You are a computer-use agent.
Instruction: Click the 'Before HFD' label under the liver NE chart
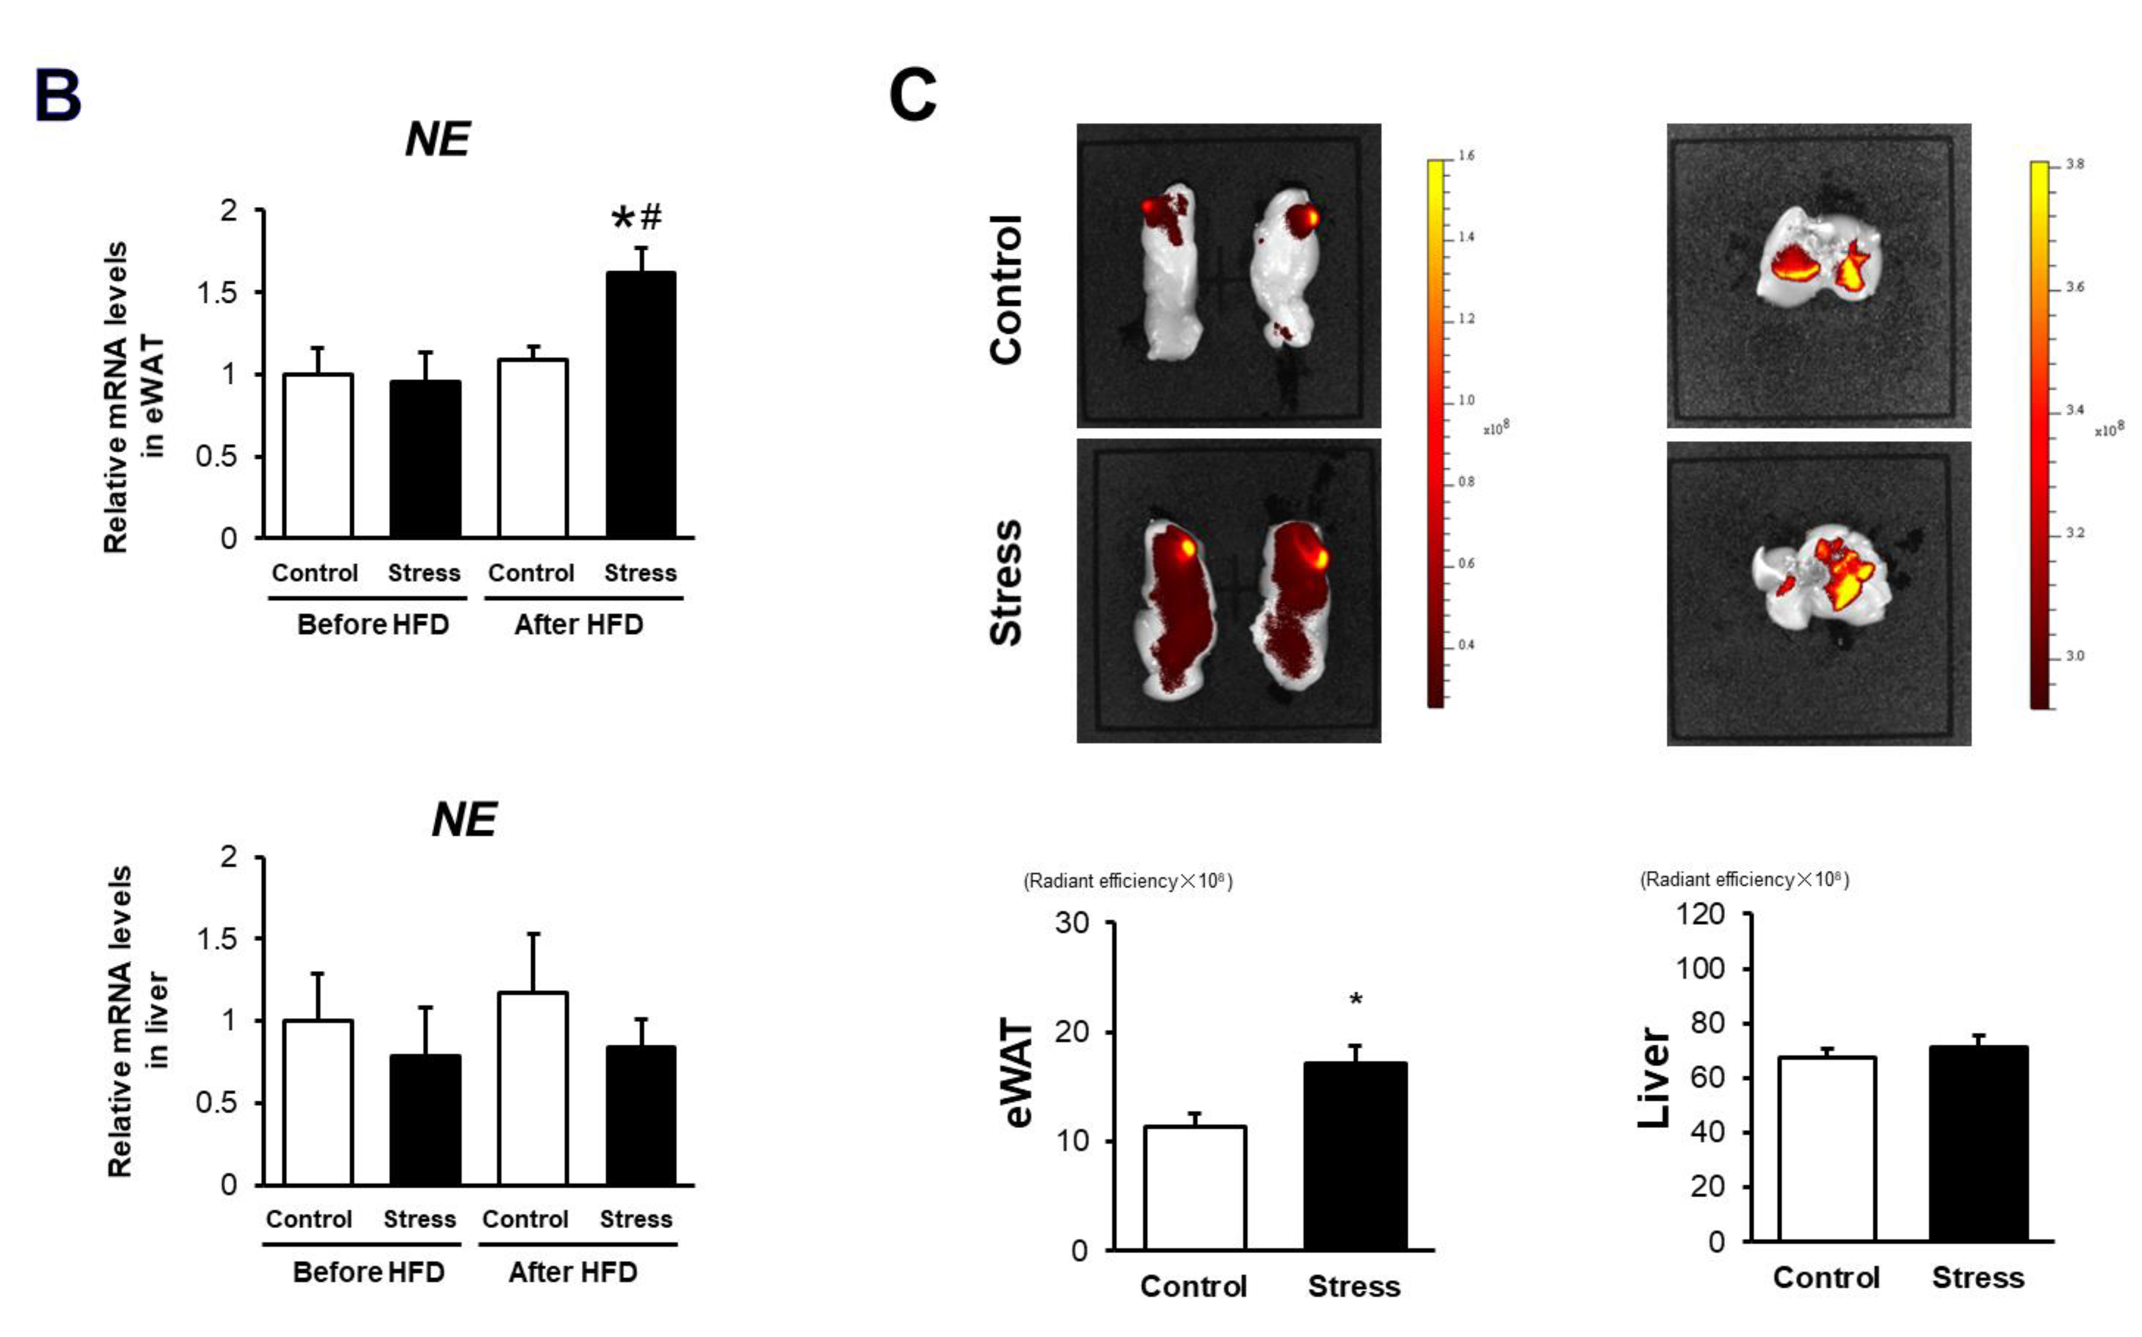(x=368, y=1272)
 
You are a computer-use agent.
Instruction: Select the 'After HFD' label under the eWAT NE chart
(x=578, y=625)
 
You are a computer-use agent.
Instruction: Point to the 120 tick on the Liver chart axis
(x=1700, y=913)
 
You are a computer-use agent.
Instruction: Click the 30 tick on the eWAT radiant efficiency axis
(x=1072, y=923)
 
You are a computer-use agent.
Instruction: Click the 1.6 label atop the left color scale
(x=1466, y=155)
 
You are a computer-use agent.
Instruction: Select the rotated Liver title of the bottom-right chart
(x=1653, y=1077)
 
